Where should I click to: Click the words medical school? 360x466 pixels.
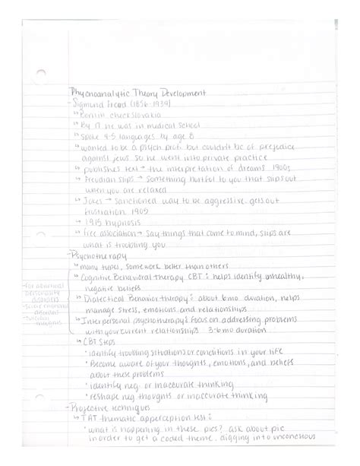coord(163,128)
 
